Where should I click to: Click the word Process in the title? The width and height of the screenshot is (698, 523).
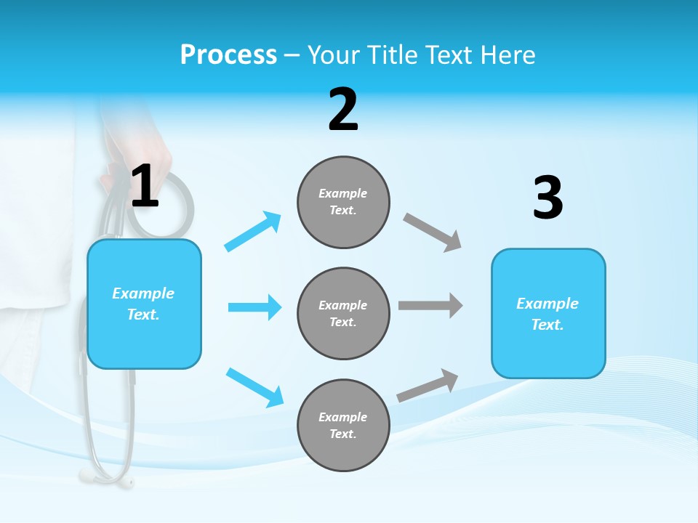[x=228, y=55]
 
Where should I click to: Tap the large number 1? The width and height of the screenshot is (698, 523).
[x=145, y=187]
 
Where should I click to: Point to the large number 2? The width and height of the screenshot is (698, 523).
[x=343, y=110]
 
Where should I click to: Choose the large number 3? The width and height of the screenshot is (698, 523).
[x=547, y=198]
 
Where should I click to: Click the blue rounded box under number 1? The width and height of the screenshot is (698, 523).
[x=144, y=304]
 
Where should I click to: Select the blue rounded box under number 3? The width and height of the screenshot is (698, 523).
[x=548, y=314]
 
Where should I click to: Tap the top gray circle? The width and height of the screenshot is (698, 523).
[x=343, y=202]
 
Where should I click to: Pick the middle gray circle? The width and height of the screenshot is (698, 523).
[x=343, y=314]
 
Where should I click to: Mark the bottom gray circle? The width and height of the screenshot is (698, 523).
[x=343, y=426]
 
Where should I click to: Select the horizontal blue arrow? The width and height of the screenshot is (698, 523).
[x=254, y=307]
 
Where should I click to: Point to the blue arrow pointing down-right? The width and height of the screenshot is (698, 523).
[x=254, y=387]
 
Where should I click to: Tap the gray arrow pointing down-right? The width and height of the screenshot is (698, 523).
[x=433, y=232]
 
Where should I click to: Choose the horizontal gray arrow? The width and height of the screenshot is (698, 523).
[x=430, y=305]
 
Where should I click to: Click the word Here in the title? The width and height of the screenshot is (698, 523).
[x=507, y=55]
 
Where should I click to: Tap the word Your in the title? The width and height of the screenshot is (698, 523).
[x=332, y=55]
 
